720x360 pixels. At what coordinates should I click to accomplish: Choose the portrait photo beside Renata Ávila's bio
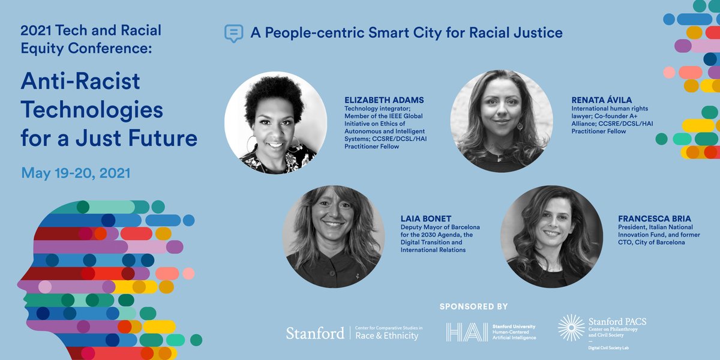[x=501, y=121]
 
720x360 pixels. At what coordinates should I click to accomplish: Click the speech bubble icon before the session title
[x=233, y=33]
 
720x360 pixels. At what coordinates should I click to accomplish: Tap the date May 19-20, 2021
[x=76, y=173]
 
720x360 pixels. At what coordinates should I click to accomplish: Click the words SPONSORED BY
[x=474, y=307]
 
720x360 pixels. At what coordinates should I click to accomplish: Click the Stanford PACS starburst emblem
[x=571, y=327]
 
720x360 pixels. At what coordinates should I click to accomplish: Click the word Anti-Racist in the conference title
[x=80, y=82]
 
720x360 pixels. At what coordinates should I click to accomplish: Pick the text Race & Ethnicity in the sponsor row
[x=387, y=336]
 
